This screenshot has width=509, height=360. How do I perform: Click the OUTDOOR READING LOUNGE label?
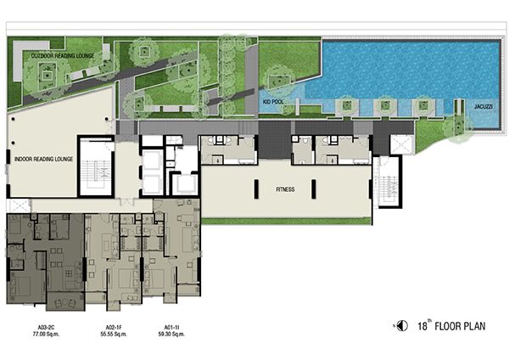(63, 56)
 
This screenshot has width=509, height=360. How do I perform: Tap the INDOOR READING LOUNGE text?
(43, 160)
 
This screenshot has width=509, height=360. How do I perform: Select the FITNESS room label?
(285, 189)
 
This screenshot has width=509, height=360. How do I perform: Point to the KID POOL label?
(273, 102)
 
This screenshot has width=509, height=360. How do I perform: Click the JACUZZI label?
(484, 107)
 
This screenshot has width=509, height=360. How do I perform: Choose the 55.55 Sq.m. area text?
(114, 334)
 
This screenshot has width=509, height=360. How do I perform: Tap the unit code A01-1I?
(171, 327)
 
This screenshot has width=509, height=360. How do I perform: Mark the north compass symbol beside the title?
(402, 325)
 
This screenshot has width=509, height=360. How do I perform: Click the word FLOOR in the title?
(446, 326)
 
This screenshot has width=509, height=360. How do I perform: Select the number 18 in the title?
(422, 326)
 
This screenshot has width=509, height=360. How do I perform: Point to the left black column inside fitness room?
(256, 189)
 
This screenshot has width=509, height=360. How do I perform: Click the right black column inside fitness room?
(314, 189)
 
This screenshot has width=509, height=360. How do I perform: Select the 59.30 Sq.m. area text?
(171, 334)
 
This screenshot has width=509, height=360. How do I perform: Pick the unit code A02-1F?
(114, 327)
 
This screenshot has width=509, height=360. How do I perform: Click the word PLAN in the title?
(473, 326)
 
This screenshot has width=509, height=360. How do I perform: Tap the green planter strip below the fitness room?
(287, 222)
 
